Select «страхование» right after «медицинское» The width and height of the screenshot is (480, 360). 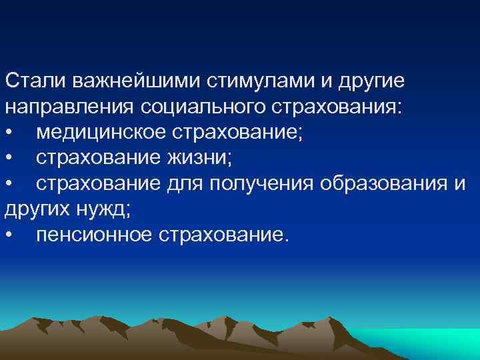tap(238, 133)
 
